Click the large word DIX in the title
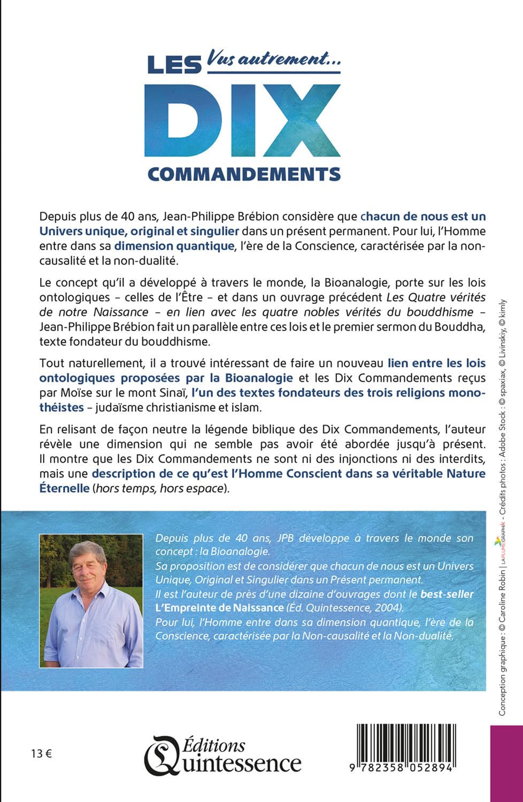(242, 120)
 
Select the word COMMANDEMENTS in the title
(244, 174)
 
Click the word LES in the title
(173, 65)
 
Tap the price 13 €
(42, 754)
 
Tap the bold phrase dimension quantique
(174, 246)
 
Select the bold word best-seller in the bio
(447, 593)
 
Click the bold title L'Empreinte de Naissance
(219, 607)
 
